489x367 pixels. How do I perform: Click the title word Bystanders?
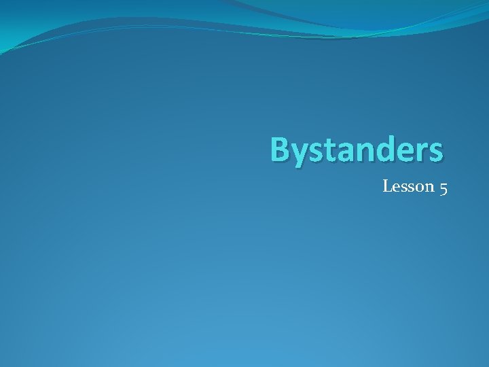tap(357, 150)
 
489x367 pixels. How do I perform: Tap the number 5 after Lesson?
tap(443, 187)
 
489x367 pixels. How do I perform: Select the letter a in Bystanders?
tap(343, 152)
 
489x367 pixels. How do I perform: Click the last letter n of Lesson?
tap(430, 187)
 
